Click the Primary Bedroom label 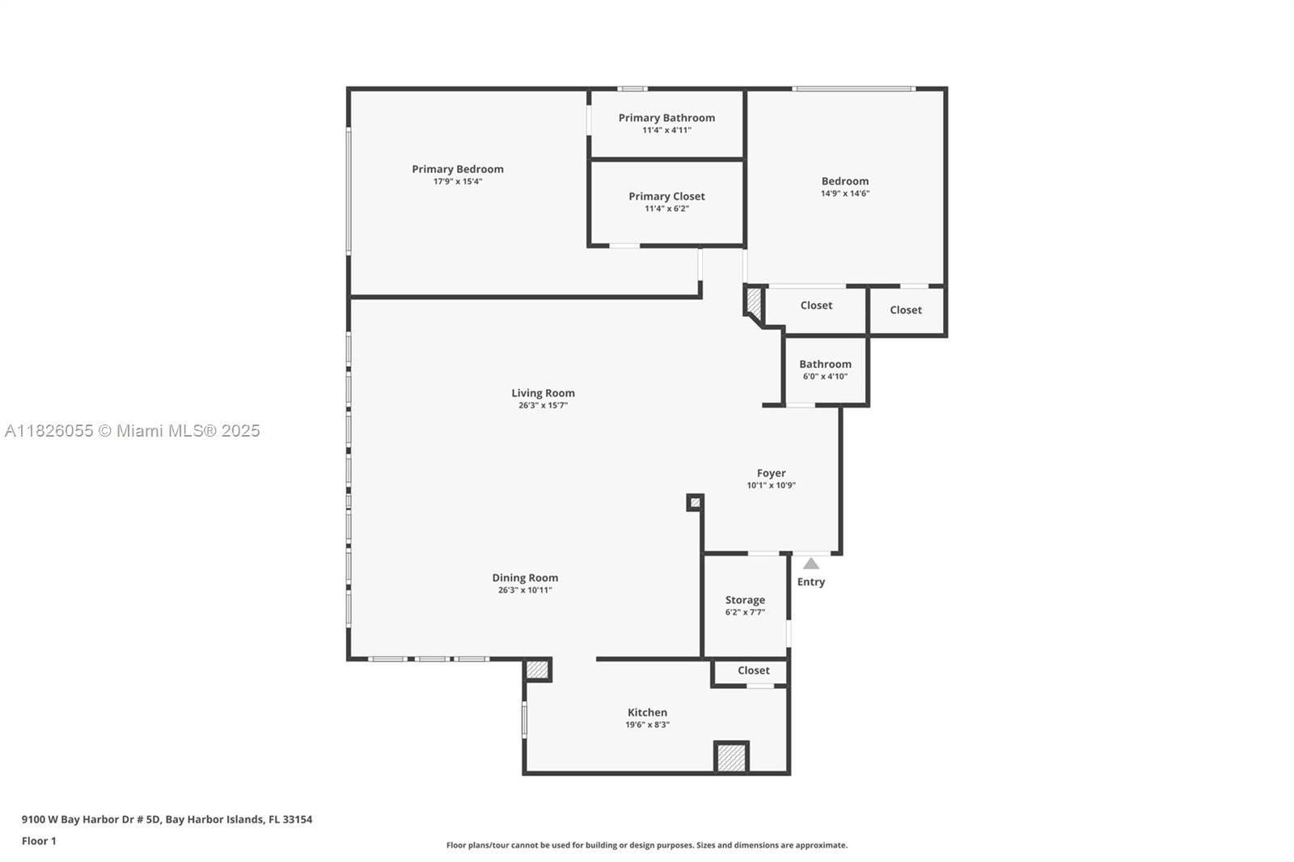pos(458,169)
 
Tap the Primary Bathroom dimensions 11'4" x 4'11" pos(666,130)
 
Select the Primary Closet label pos(666,196)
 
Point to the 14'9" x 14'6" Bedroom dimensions pos(845,193)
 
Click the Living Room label pos(543,393)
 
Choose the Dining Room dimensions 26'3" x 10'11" pos(525,589)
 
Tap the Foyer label pos(772,473)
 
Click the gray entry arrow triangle pos(811,564)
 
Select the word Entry pos(811,581)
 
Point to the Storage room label pos(745,600)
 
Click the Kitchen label pos(647,713)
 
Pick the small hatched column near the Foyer pos(695,503)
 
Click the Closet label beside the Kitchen pos(753,670)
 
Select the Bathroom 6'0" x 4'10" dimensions pos(825,376)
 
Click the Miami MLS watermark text pos(133,431)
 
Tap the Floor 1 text pos(40,841)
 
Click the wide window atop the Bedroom pos(854,89)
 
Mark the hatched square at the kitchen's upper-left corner pos(537,670)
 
